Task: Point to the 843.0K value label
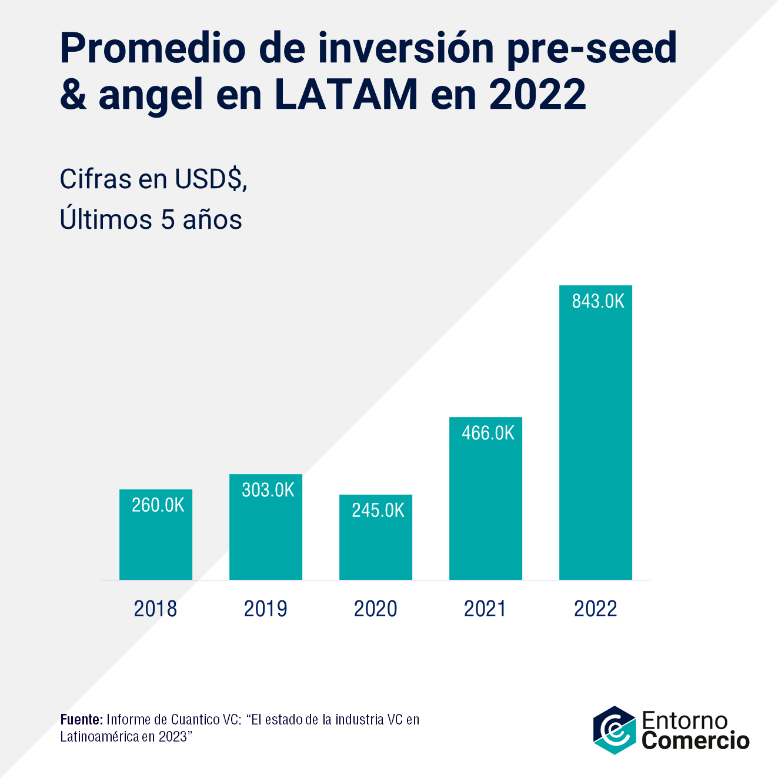coord(598,301)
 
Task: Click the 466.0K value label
coord(488,433)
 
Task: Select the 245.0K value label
coord(378,510)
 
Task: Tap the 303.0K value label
coord(268,490)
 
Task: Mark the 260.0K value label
coord(158,505)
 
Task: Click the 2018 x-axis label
coord(155,609)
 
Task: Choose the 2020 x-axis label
coord(376,609)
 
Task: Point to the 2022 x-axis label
coord(596,609)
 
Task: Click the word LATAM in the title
coord(346,94)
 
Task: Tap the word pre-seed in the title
coord(592,48)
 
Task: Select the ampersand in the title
coord(73,94)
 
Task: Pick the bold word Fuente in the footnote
coord(82,720)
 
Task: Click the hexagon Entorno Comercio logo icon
coord(615,730)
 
